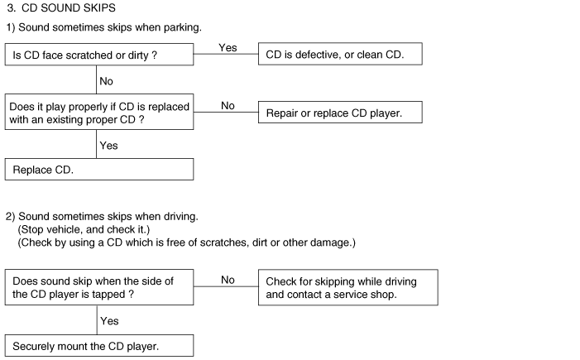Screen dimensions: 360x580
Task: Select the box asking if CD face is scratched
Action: (99, 55)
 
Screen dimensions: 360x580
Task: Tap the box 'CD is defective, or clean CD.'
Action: (341, 55)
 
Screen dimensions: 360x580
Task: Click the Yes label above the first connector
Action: (228, 48)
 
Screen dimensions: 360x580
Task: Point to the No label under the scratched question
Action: (106, 81)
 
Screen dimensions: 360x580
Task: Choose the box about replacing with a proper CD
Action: (99, 113)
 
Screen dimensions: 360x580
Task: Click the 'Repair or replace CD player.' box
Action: (341, 113)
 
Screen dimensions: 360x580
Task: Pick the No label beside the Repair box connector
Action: (228, 106)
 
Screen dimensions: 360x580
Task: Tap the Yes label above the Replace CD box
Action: (108, 146)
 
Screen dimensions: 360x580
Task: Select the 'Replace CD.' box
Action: (99, 169)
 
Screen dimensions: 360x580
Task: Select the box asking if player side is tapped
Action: (99, 287)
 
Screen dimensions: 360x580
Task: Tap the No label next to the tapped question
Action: (228, 280)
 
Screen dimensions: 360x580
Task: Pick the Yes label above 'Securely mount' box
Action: (108, 319)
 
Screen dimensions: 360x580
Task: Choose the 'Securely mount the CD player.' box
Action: (99, 345)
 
